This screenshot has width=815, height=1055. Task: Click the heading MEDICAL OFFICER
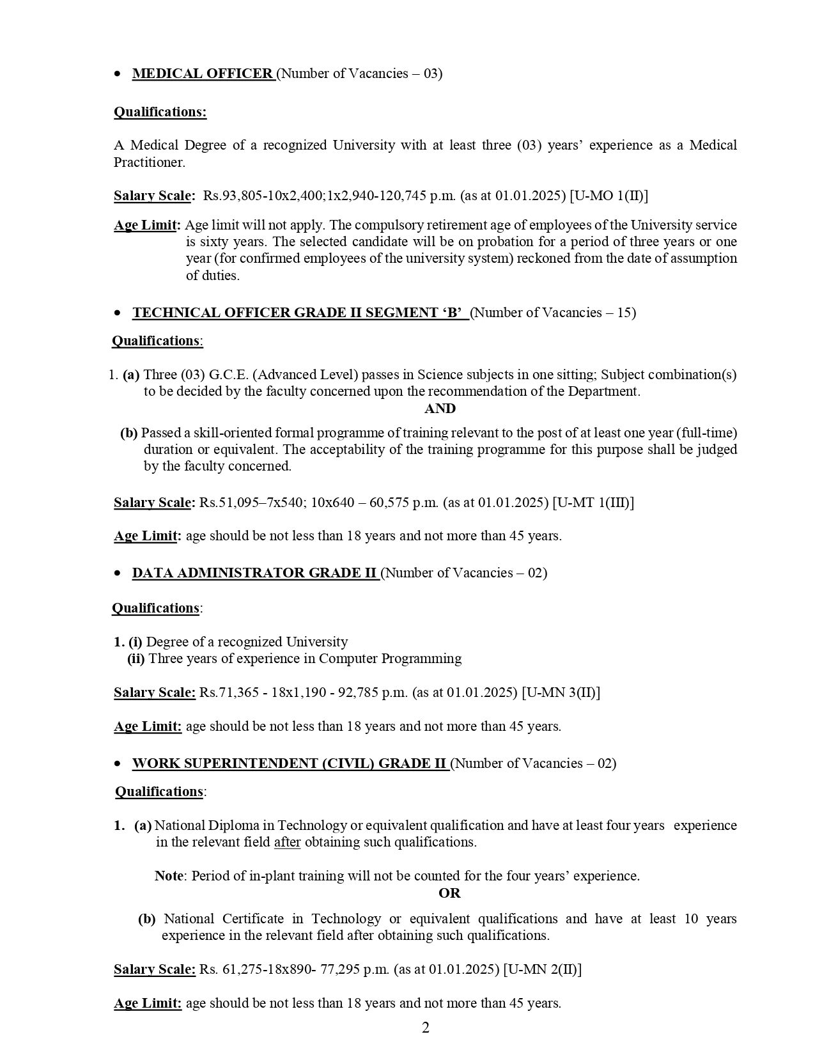tap(203, 74)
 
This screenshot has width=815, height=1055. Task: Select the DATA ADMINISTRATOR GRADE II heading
tap(254, 573)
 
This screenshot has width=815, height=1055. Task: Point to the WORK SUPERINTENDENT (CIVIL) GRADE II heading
tap(289, 763)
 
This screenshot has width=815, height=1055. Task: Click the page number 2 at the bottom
tap(426, 1028)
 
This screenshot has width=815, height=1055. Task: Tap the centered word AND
tap(440, 409)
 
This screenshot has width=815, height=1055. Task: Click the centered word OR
tap(449, 893)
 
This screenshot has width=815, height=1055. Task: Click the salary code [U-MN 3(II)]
tap(561, 692)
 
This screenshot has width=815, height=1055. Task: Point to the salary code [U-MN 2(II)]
tap(542, 969)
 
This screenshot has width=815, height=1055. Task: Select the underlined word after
tap(287, 842)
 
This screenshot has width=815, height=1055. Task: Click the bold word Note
tap(169, 876)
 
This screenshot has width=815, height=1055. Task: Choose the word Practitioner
tap(150, 162)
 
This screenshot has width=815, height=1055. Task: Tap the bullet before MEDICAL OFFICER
tap(117, 74)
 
